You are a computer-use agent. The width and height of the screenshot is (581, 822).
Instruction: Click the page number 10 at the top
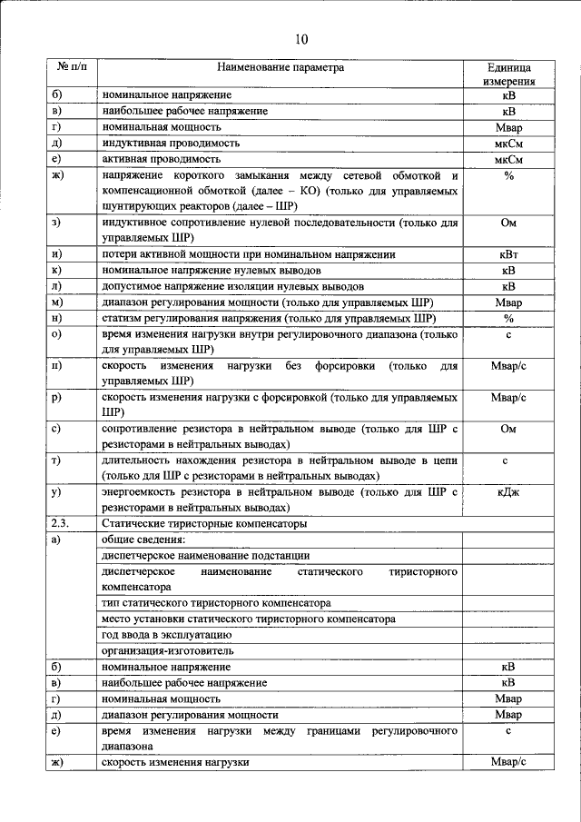[x=301, y=38]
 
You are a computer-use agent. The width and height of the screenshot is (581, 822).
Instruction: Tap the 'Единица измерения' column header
[x=508, y=74]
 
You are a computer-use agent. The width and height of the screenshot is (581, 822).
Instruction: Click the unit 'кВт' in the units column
[x=508, y=255]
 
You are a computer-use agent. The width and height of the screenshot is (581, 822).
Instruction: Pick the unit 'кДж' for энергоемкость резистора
[x=508, y=491]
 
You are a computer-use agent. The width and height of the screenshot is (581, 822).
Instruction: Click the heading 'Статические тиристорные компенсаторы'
[x=204, y=524]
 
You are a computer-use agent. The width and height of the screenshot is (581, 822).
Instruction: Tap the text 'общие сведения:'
[x=142, y=540]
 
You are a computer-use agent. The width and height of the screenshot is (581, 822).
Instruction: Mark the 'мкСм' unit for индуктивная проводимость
[x=508, y=144]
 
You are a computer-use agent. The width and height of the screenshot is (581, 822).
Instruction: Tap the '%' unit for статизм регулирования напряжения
[x=508, y=319]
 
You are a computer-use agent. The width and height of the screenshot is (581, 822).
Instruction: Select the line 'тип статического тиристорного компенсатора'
[x=216, y=602]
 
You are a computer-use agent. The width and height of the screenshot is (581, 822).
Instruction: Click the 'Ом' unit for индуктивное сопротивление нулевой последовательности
[x=508, y=223]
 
